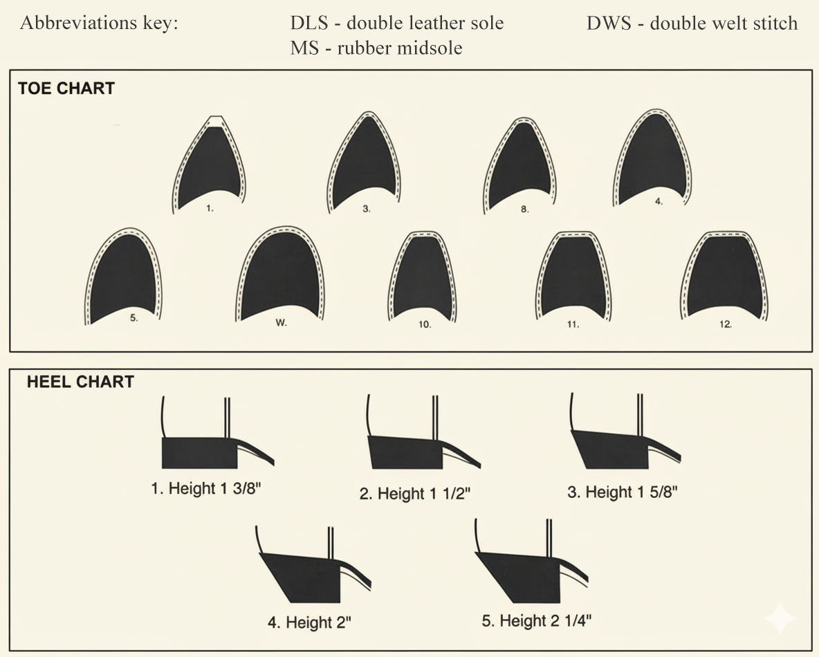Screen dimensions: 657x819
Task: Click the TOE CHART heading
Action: (x=66, y=89)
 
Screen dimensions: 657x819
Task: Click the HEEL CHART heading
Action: (x=80, y=382)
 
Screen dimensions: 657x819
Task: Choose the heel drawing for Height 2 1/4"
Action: (x=520, y=574)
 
